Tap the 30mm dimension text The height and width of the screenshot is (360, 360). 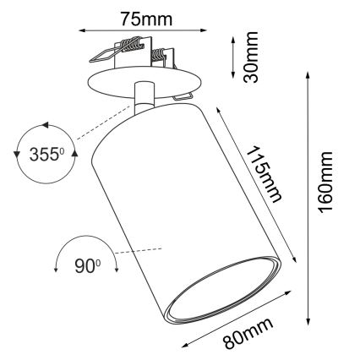(x=250, y=57)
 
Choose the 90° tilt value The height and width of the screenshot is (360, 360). (x=85, y=266)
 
